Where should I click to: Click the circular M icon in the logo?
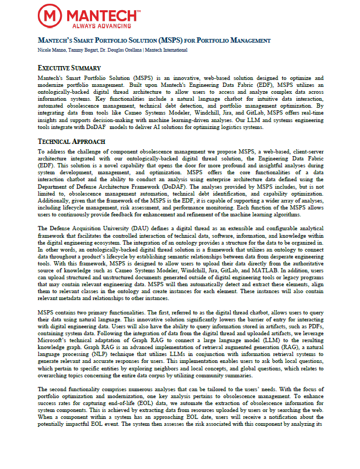[x=48, y=17]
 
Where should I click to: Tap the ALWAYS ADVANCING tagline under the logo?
[x=95, y=26]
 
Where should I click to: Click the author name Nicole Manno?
[x=53, y=50]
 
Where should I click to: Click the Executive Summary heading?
[x=70, y=68]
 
